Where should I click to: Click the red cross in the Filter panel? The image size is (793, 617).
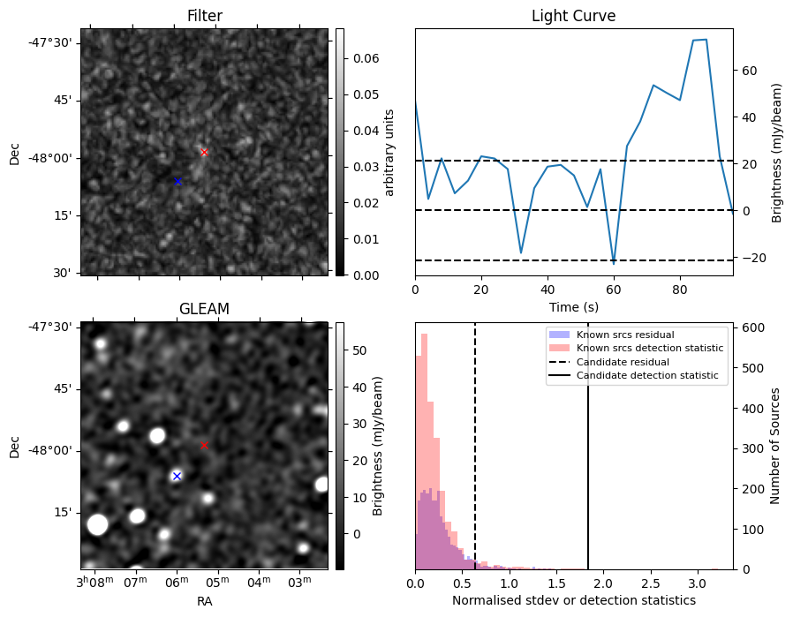tap(204, 152)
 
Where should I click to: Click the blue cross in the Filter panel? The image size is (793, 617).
tap(177, 182)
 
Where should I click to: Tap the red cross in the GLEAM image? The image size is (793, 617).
tap(204, 445)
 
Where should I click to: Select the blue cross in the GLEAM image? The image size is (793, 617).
tap(177, 476)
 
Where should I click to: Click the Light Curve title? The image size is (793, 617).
tap(573, 16)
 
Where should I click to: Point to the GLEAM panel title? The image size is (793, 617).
tap(204, 309)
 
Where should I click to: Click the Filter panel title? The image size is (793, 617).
tap(204, 16)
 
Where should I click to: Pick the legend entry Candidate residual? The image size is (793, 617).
tap(623, 362)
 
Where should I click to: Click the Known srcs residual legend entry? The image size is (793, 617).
tap(625, 335)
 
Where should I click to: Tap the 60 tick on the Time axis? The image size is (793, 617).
tap(614, 290)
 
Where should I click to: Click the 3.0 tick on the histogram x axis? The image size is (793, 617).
tap(697, 583)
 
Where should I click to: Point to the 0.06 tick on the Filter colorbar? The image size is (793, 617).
tap(366, 58)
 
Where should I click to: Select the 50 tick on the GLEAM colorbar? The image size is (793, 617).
tap(359, 350)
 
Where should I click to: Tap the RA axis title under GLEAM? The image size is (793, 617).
tap(204, 601)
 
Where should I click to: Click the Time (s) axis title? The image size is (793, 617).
tap(573, 307)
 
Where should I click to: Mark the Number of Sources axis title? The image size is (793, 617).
tap(774, 447)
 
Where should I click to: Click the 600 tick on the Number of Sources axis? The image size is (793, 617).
tap(750, 327)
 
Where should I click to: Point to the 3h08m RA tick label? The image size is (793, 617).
tap(94, 582)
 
